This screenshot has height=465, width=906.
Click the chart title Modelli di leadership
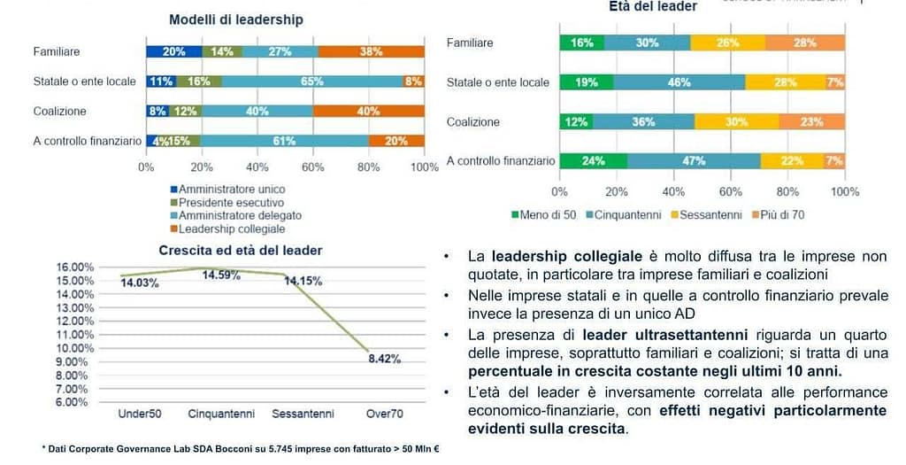click(x=235, y=19)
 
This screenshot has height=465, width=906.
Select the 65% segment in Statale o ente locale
click(x=312, y=81)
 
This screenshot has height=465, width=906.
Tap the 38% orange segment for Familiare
click(x=371, y=51)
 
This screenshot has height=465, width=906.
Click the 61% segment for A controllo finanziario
click(x=284, y=141)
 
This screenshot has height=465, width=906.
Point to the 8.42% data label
click(x=384, y=359)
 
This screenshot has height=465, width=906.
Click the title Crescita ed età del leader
click(x=241, y=251)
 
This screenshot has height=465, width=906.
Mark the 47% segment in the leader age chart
click(x=694, y=160)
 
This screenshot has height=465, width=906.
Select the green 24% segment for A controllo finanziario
click(x=593, y=160)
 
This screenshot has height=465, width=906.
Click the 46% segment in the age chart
click(x=679, y=82)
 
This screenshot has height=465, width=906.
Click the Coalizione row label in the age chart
click(x=473, y=122)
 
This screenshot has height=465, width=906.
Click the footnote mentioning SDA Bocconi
click(x=241, y=449)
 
